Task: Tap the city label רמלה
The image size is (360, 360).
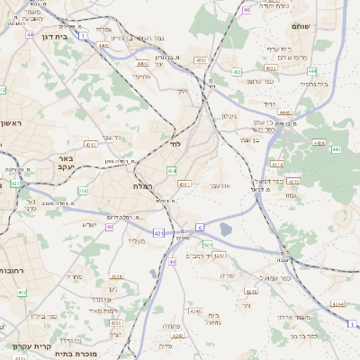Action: click(x=144, y=185)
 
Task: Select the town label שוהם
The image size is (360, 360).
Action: click(x=325, y=26)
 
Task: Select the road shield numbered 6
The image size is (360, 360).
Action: click(x=200, y=227)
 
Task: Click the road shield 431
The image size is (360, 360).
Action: click(x=158, y=233)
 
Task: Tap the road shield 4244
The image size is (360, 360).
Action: click(x=337, y=304)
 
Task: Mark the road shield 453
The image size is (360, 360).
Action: click(x=237, y=72)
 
